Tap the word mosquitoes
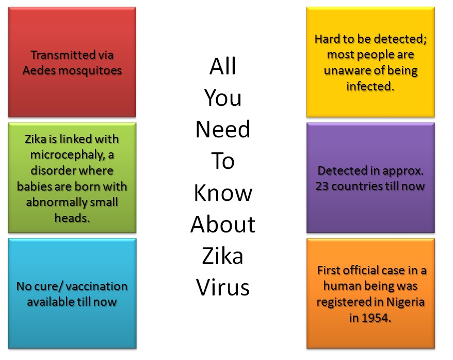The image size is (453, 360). tap(90, 71)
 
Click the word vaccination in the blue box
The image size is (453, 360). tap(97, 286)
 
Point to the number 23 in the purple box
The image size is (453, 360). tap(322, 186)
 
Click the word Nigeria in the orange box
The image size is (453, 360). tap(406, 302)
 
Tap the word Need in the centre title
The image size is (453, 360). tap(223, 129)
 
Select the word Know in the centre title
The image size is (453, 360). tap(223, 193)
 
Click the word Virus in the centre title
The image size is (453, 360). tap(222, 287)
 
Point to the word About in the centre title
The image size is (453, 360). tap(223, 224)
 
